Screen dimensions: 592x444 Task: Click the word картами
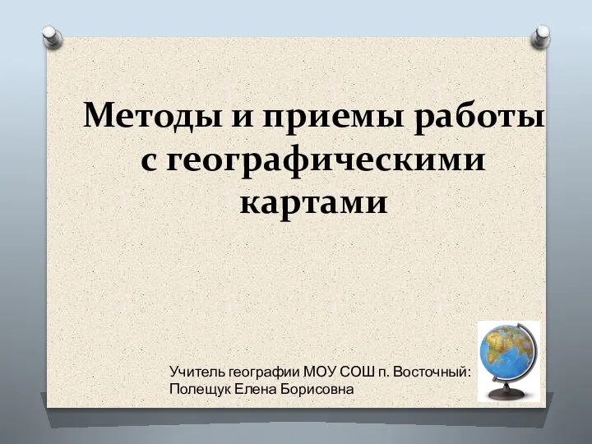click(314, 204)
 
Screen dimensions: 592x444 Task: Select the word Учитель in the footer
click(197, 372)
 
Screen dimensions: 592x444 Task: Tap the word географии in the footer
click(264, 372)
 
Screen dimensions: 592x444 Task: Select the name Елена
click(254, 389)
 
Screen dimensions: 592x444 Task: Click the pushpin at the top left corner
click(52, 37)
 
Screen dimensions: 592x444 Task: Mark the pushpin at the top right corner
click(540, 37)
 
